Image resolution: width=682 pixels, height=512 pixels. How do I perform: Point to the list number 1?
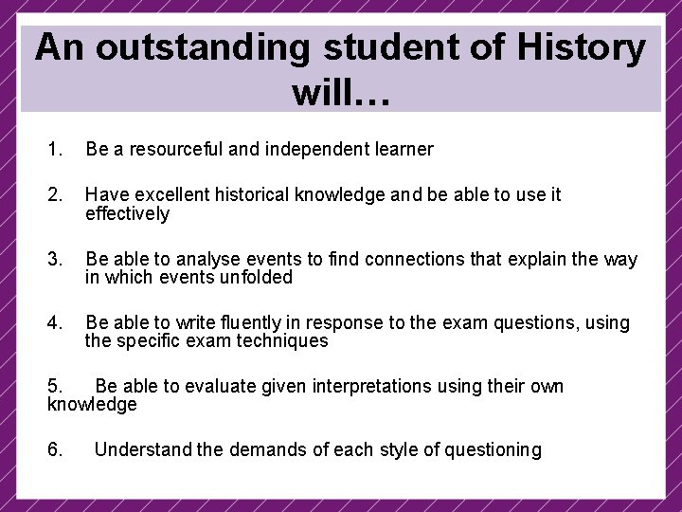pos(54,149)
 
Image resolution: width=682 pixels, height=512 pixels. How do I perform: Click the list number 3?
pos(54,259)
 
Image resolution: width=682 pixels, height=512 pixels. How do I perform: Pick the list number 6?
pos(54,449)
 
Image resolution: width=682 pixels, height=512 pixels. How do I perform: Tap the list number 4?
pos(54,322)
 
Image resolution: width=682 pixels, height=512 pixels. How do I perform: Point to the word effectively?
pos(127,213)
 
